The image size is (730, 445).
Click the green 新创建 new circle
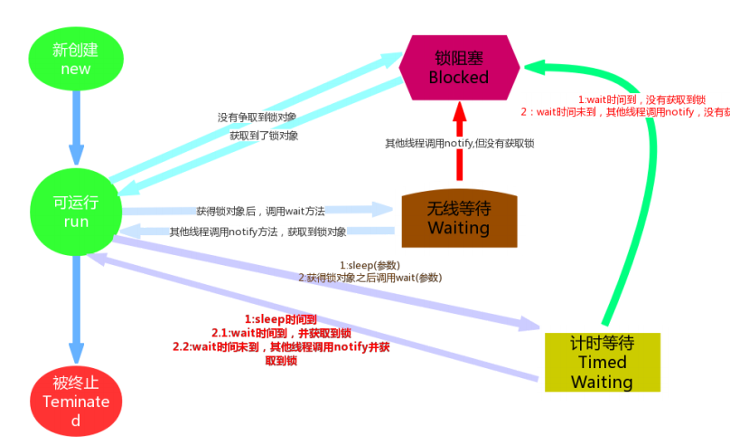tap(76, 58)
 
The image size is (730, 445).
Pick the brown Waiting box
tap(459, 218)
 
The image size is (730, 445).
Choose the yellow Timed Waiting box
tap(602, 362)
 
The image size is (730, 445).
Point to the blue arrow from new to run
tap(76, 127)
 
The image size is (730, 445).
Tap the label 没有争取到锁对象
tap(257, 118)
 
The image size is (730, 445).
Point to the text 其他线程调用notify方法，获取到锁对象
tap(258, 232)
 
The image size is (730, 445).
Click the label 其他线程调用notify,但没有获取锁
tap(459, 143)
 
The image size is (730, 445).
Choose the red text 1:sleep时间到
tap(281, 319)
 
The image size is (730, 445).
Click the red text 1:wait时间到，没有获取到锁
tap(641, 99)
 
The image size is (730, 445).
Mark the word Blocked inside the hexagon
tap(459, 77)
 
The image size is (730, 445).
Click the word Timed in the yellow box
tap(602, 362)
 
